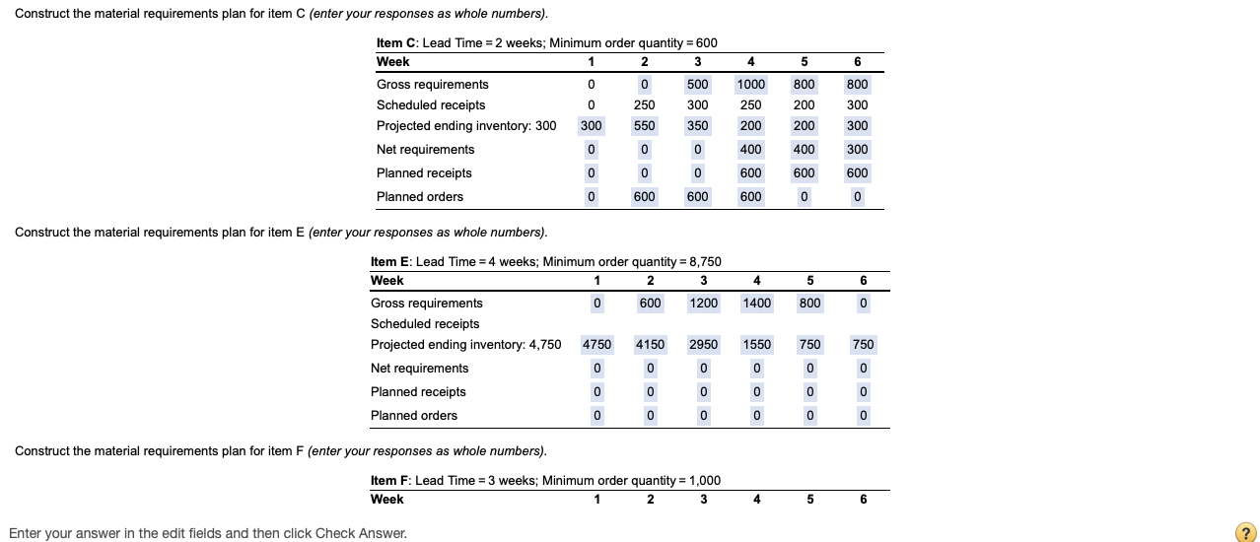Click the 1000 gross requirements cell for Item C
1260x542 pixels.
[750, 85]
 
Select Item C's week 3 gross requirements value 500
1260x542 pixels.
[697, 85]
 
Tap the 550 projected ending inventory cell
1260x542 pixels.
[644, 126]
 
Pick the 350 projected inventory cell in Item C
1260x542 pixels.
[697, 126]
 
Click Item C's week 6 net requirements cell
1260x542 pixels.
[857, 150]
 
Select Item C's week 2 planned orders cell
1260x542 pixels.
[644, 197]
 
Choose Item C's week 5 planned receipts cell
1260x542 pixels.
[804, 173]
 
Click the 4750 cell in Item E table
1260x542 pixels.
[596, 345]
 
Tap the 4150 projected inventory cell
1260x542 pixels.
[650, 345]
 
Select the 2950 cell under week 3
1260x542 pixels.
[703, 345]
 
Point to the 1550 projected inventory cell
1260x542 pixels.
[756, 345]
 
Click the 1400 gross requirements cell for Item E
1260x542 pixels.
[756, 304]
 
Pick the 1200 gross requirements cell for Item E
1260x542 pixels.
[703, 304]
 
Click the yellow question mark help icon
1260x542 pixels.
[1245, 531]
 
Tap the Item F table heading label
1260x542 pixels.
[545, 481]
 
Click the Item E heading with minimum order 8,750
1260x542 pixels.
[545, 262]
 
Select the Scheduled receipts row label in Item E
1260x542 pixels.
[425, 324]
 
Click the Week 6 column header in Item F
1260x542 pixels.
[863, 500]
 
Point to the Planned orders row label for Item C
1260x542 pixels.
[420, 197]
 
